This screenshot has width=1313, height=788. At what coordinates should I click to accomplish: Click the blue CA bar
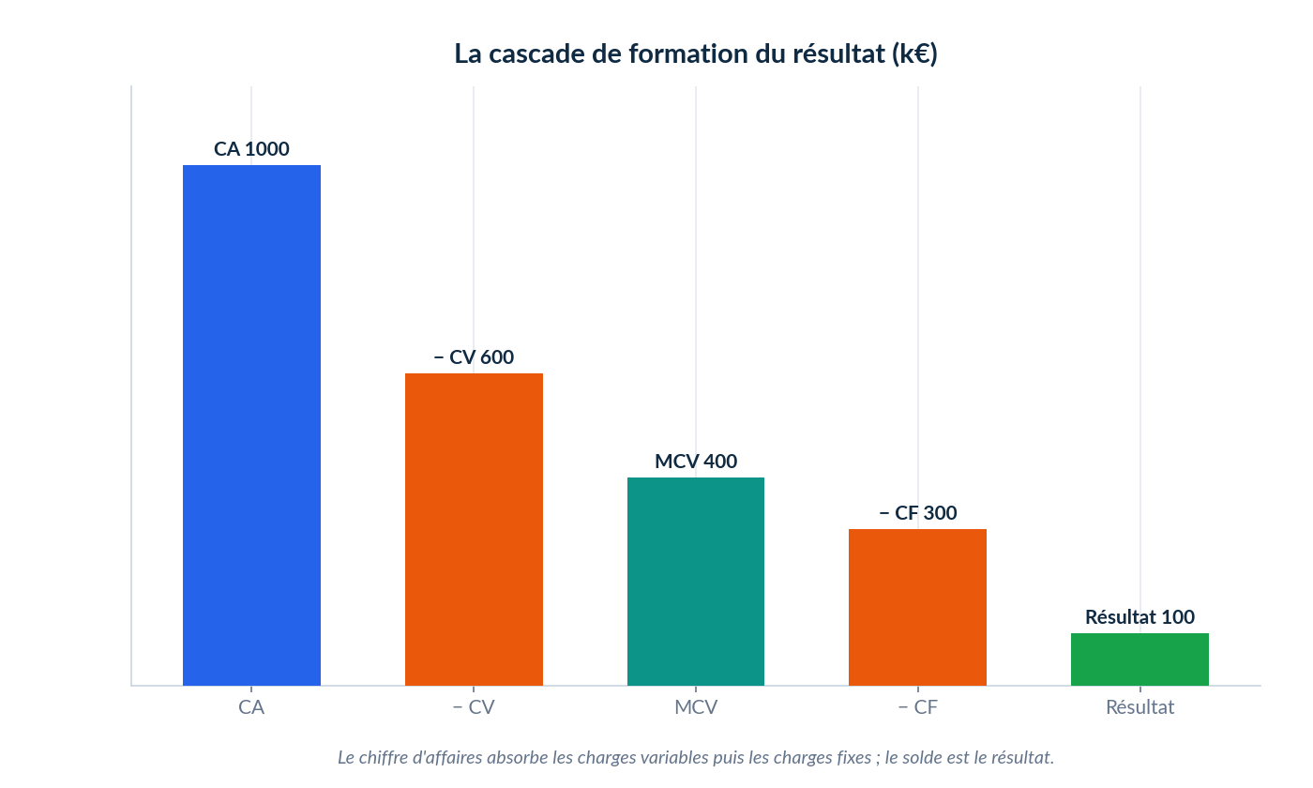[251, 425]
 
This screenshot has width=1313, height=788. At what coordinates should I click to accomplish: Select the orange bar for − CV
[474, 529]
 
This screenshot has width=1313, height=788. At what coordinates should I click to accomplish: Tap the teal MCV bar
[696, 582]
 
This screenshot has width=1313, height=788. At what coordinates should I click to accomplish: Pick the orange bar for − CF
[917, 608]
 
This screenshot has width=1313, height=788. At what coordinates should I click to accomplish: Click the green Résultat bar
[1139, 659]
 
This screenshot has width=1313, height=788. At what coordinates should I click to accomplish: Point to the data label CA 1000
[251, 149]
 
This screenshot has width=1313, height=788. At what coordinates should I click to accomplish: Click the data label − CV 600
[474, 357]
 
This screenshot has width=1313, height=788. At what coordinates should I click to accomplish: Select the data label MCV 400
[696, 462]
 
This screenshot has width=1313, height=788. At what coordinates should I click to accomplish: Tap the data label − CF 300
[918, 513]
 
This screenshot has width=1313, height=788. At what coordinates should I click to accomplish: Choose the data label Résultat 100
[1139, 617]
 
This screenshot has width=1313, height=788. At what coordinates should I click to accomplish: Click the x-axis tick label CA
[251, 707]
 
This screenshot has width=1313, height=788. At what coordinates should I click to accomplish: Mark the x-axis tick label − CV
[474, 707]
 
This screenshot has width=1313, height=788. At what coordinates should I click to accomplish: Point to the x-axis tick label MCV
[696, 707]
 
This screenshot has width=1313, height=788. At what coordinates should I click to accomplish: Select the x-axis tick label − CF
[918, 707]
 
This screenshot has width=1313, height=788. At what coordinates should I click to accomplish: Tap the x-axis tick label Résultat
[1139, 707]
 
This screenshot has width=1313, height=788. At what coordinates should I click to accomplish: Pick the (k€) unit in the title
[914, 54]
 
